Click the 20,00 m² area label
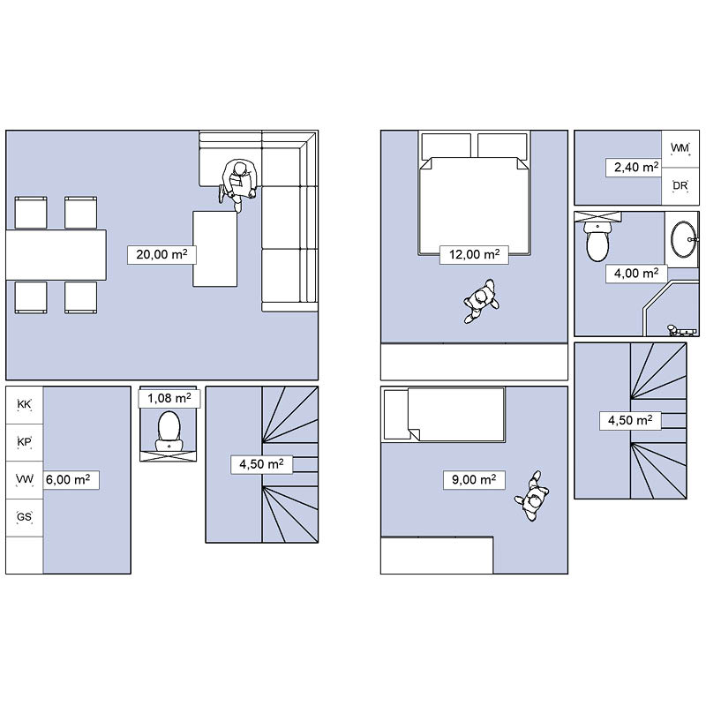pos(161,255)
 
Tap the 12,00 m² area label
pos(474,255)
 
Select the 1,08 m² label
pos(169,399)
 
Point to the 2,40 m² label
pos(636,168)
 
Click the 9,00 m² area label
pos(474,480)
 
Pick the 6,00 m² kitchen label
pos(68,480)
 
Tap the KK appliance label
pos(25,404)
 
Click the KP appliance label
pos(25,442)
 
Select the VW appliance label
pos(25,479)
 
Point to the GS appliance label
pos(25,516)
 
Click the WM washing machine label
pos(680,148)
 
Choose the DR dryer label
pos(680,185)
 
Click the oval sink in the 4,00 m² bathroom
pos(683,239)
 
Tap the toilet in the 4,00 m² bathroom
pos(597,241)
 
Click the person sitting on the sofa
pos(238,184)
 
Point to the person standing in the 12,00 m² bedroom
pos(481,301)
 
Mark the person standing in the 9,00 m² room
pos(533,496)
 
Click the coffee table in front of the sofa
pos(215,249)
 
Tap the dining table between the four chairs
pos(56,255)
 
